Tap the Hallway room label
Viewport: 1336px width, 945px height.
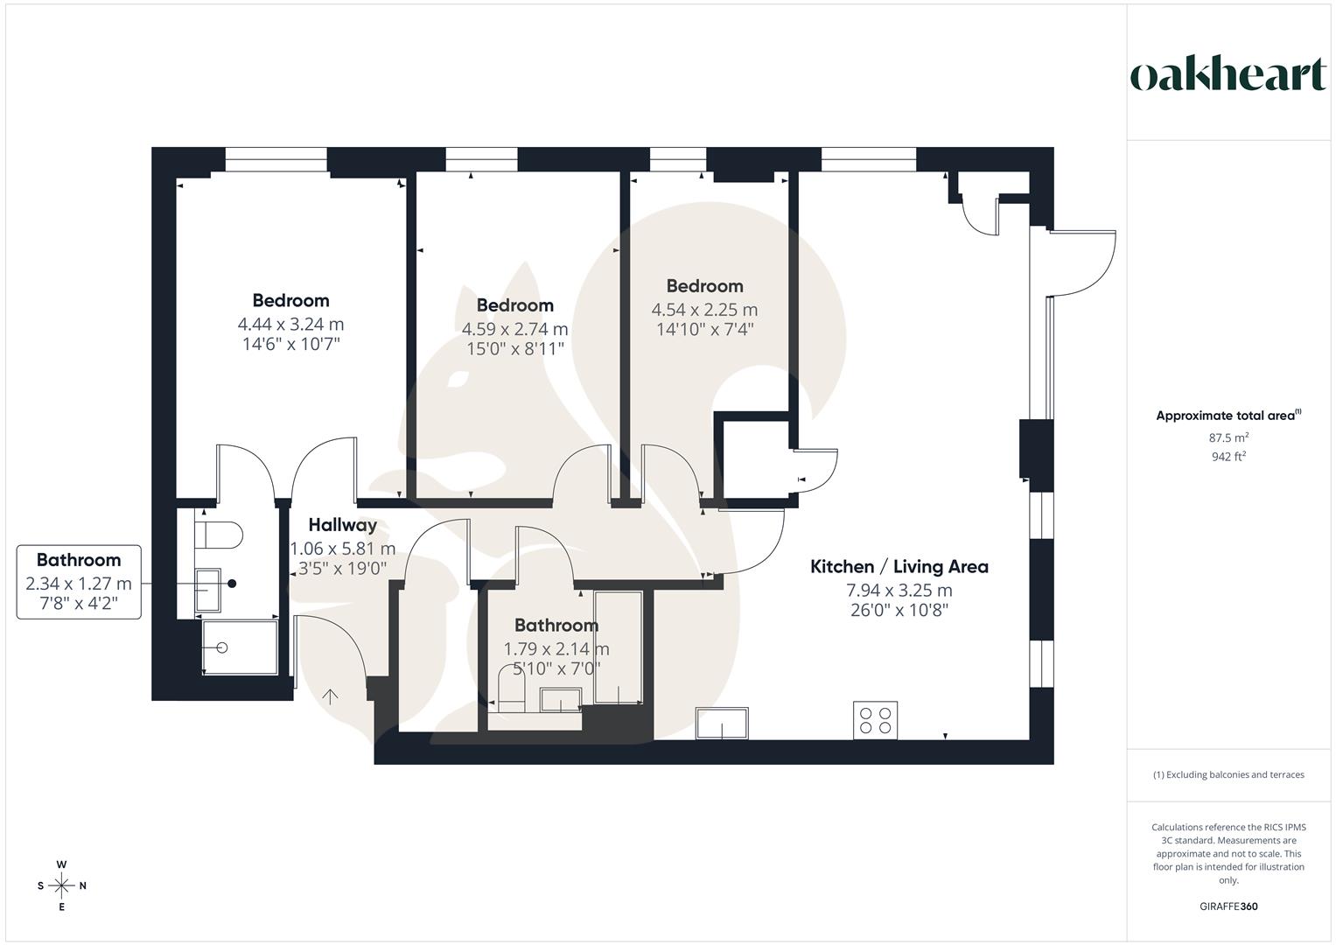[343, 525]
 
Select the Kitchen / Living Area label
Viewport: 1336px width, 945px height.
[899, 567]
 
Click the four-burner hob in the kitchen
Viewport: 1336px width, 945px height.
[876, 720]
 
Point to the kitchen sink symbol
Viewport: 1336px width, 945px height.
[723, 724]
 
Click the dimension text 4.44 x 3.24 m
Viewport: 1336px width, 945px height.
[290, 325]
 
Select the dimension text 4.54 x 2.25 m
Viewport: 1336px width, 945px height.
[704, 310]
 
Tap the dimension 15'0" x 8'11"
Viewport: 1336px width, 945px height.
[514, 348]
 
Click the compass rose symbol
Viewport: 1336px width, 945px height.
[61, 885]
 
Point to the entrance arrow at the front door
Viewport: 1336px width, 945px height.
[330, 696]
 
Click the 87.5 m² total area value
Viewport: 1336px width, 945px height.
[1228, 437]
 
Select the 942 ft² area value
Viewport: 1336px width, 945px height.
[1228, 456]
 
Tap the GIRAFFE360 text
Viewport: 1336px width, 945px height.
[1228, 906]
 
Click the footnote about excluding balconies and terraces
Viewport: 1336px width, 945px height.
[1228, 774]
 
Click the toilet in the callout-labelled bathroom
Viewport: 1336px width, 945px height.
[219, 535]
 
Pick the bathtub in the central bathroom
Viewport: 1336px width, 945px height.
[618, 647]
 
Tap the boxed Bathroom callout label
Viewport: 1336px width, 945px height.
[79, 582]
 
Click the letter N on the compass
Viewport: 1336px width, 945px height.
[83, 885]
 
